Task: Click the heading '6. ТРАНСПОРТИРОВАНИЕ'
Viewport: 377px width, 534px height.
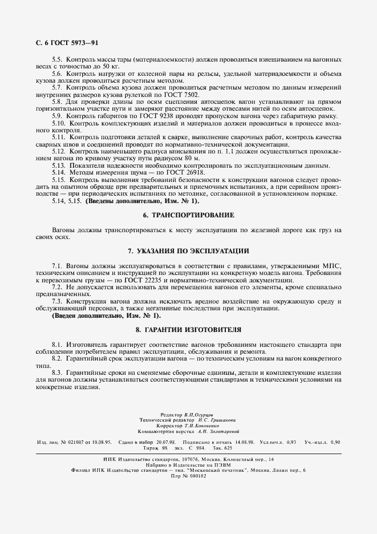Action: point(188,215)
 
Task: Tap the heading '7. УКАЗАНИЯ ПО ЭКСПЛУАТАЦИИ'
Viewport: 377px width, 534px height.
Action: point(188,251)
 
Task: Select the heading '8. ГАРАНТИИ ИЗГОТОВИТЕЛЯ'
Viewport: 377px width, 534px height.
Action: point(188,330)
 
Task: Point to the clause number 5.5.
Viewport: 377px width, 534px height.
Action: point(57,60)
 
